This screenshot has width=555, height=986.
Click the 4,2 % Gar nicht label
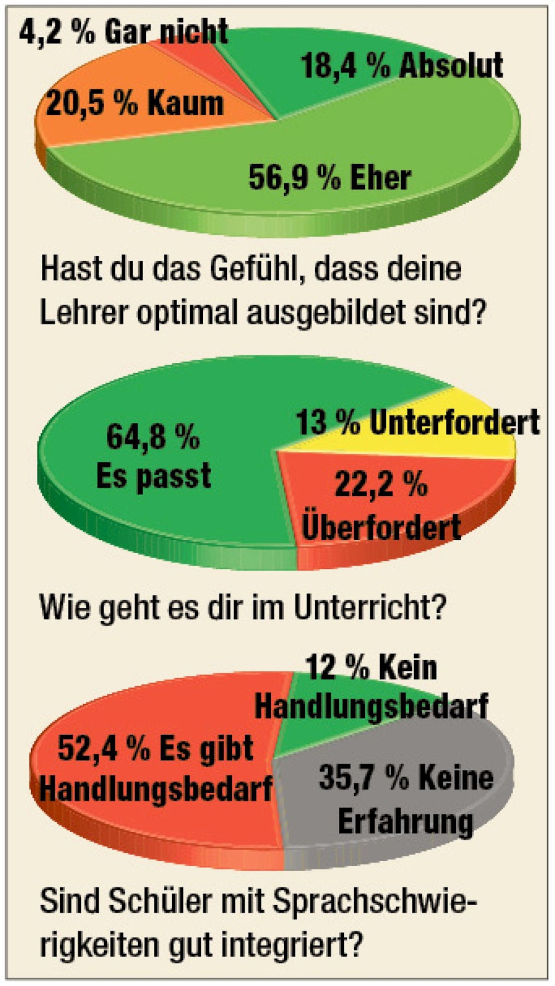tap(123, 32)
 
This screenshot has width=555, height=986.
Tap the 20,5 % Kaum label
tap(134, 104)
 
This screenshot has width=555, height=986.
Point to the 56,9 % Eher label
tap(329, 178)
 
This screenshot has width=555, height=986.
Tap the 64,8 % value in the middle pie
tap(153, 436)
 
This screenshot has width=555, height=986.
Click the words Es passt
tap(154, 476)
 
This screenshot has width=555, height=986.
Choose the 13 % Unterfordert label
tap(417, 422)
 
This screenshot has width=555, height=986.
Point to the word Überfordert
tap(381, 526)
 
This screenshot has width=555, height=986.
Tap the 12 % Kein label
tap(371, 667)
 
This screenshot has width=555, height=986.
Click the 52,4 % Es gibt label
tap(155, 748)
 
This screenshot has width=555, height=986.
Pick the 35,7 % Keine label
tap(406, 778)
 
